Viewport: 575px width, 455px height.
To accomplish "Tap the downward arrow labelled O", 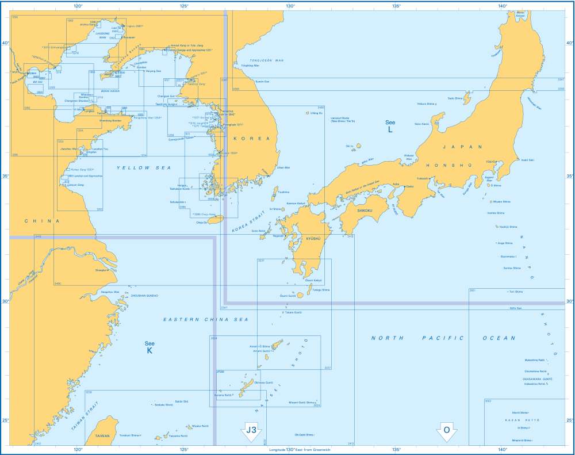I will pyautogui.click(x=446, y=431).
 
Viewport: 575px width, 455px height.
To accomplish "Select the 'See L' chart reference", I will pyautogui.click(x=390, y=127).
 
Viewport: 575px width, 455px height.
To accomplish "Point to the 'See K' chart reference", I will pyautogui.click(x=149, y=347).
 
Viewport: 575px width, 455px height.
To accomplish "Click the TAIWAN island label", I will pyautogui.click(x=102, y=436).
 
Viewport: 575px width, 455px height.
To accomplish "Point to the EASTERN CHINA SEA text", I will pyautogui.click(x=189, y=319).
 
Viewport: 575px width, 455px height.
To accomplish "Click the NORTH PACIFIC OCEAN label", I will pyautogui.click(x=443, y=338).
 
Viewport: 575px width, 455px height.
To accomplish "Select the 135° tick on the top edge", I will pyautogui.click(x=396, y=6).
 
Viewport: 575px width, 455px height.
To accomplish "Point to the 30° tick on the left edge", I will pyautogui.click(x=5, y=301).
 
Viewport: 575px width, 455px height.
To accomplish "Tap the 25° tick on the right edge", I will pyautogui.click(x=570, y=420).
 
